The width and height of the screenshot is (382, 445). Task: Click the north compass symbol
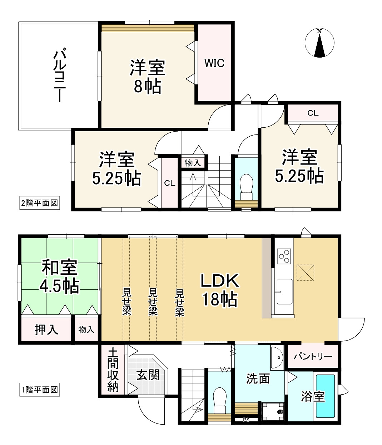tap(319, 43)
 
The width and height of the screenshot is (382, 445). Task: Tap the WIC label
tap(214, 63)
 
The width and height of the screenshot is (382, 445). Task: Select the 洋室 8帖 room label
tap(148, 77)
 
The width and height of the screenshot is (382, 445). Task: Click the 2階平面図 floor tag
tap(40, 203)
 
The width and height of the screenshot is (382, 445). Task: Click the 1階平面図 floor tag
tap(40, 390)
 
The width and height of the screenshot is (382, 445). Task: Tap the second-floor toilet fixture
tap(246, 187)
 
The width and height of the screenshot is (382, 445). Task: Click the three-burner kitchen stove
tap(284, 256)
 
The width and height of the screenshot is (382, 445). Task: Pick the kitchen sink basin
tap(284, 291)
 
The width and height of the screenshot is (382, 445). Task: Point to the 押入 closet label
tap(46, 329)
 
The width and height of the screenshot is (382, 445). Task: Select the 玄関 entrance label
tap(148, 375)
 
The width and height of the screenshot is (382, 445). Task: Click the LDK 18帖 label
tap(220, 290)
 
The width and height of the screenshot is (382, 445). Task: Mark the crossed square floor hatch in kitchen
tap(306, 272)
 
